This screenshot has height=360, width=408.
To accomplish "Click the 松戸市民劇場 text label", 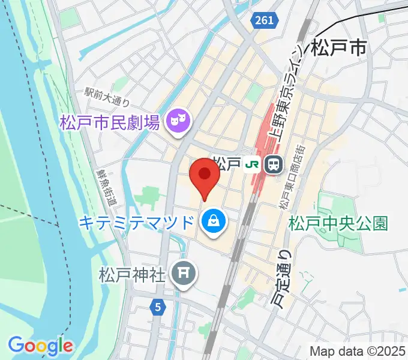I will tap(109, 124).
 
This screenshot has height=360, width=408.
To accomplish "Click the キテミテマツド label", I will tap(137, 223).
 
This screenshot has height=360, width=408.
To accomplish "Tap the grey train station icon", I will tap(274, 164).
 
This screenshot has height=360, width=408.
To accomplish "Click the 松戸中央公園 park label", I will tap(338, 224).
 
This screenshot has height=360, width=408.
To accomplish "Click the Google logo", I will tap(40, 345).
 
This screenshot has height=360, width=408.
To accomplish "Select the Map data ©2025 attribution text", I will tap(358, 350).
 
